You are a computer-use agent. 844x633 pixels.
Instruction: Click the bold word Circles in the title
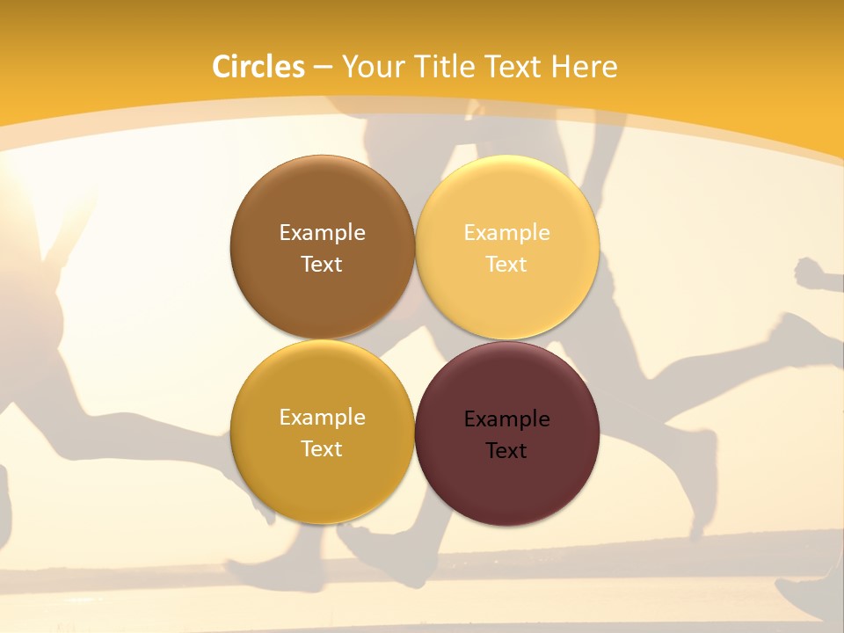click(258, 67)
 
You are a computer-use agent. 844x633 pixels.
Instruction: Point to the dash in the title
click(322, 68)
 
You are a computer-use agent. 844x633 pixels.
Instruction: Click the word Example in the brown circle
click(322, 232)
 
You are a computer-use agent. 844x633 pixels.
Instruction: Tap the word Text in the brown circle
click(322, 264)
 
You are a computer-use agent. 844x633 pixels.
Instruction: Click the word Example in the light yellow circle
click(506, 232)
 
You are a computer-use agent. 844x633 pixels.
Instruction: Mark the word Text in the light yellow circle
click(506, 264)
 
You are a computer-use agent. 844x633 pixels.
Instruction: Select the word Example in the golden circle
click(322, 417)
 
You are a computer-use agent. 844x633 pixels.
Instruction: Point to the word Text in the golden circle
click(322, 448)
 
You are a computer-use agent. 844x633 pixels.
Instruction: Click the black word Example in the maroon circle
click(506, 418)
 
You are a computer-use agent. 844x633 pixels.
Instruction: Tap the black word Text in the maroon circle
click(506, 450)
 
